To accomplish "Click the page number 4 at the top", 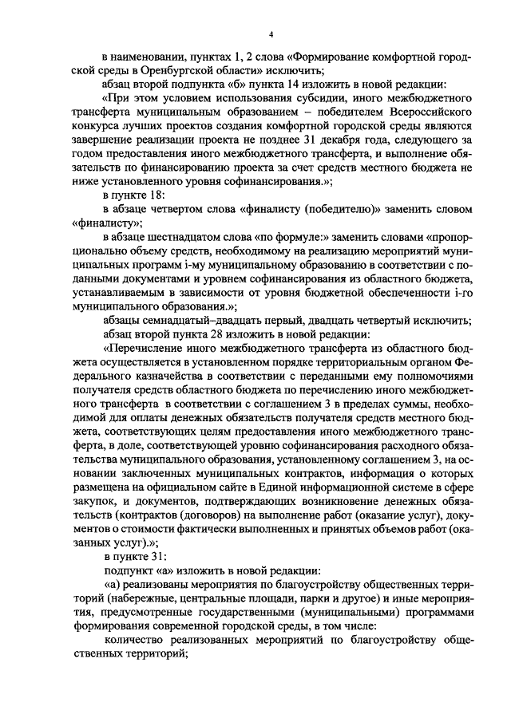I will click(270, 34).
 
